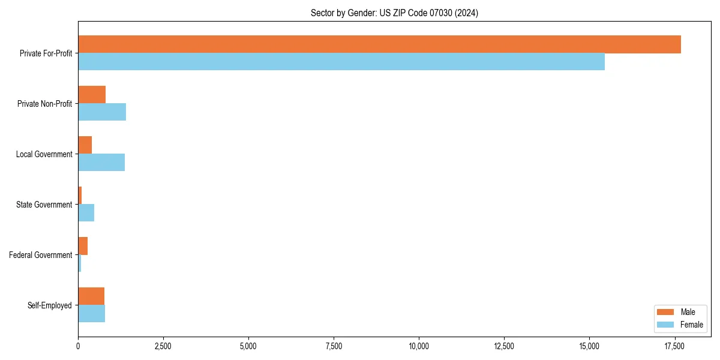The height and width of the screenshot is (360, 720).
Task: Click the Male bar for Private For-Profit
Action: click(x=379, y=44)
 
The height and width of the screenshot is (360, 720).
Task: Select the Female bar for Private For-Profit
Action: click(x=341, y=62)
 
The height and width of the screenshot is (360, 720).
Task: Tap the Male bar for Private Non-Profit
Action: click(x=92, y=95)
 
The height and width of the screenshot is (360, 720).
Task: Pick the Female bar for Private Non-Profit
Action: click(x=102, y=112)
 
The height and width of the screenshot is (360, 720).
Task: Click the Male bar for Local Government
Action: click(x=85, y=145)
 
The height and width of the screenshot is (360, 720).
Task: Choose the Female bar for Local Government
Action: click(x=101, y=163)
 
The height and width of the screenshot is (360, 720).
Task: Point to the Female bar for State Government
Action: click(x=86, y=213)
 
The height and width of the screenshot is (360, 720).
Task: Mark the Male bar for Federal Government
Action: click(x=83, y=246)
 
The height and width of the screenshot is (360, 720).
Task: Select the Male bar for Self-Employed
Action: click(x=91, y=296)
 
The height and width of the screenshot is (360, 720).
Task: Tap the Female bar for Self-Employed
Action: click(x=92, y=314)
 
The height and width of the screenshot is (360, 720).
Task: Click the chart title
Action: click(x=394, y=13)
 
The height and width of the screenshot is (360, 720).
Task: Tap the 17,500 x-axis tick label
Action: click(x=674, y=346)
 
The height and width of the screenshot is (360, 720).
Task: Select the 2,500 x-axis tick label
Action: click(x=163, y=346)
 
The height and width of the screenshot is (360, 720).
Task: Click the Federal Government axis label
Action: click(x=41, y=255)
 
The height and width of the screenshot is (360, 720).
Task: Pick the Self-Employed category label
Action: click(x=50, y=305)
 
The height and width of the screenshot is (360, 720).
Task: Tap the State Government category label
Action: click(x=44, y=205)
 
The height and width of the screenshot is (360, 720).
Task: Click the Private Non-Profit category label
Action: click(x=44, y=104)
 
